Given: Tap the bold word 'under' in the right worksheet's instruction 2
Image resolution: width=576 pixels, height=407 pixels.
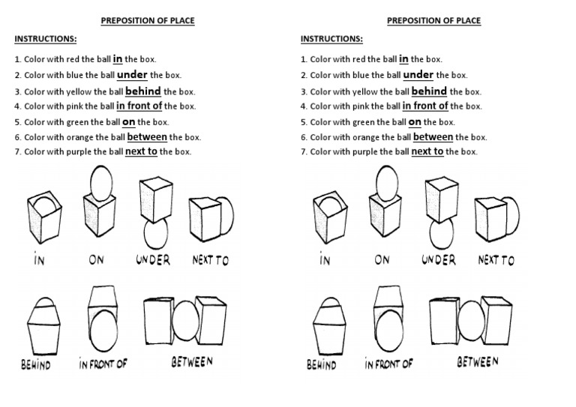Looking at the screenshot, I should (418, 75).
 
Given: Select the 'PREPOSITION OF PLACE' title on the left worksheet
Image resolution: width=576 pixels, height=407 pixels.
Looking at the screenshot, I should (148, 21).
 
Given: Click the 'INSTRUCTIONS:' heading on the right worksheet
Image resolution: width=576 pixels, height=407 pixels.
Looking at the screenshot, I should (331, 39).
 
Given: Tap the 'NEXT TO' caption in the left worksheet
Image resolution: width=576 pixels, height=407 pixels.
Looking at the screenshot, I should (211, 261).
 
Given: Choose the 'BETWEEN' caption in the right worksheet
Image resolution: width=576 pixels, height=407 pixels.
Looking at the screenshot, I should (478, 362).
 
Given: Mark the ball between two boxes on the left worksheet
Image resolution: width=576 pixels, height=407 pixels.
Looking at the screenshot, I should (184, 318).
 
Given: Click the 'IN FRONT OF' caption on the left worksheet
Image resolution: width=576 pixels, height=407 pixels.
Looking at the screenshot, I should (103, 364).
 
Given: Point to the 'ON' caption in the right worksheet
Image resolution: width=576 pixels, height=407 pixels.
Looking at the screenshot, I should (382, 260).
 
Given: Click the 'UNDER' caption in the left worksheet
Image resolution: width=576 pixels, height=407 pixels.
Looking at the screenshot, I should (153, 260).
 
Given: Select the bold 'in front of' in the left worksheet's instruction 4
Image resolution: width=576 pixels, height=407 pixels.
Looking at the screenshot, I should (139, 106).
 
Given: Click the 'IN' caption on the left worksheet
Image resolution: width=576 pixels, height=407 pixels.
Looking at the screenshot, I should (38, 261).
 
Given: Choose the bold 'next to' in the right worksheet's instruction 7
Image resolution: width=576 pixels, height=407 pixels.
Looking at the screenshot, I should (427, 151).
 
